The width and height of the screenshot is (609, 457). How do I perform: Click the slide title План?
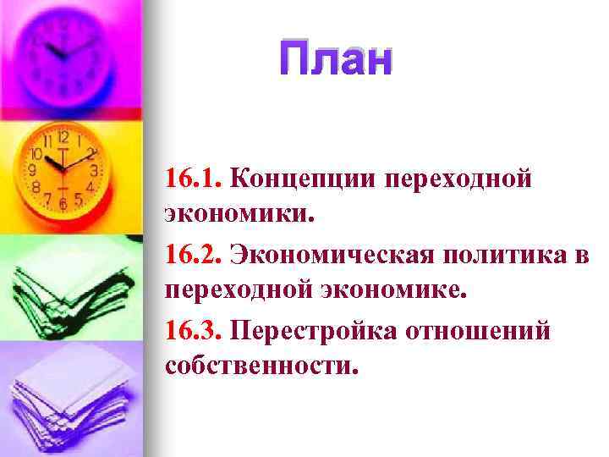point(337,61)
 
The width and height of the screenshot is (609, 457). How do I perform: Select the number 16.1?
point(194,179)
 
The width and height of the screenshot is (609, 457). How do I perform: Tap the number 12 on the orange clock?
point(63,135)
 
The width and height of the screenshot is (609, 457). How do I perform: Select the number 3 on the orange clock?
point(95,171)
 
